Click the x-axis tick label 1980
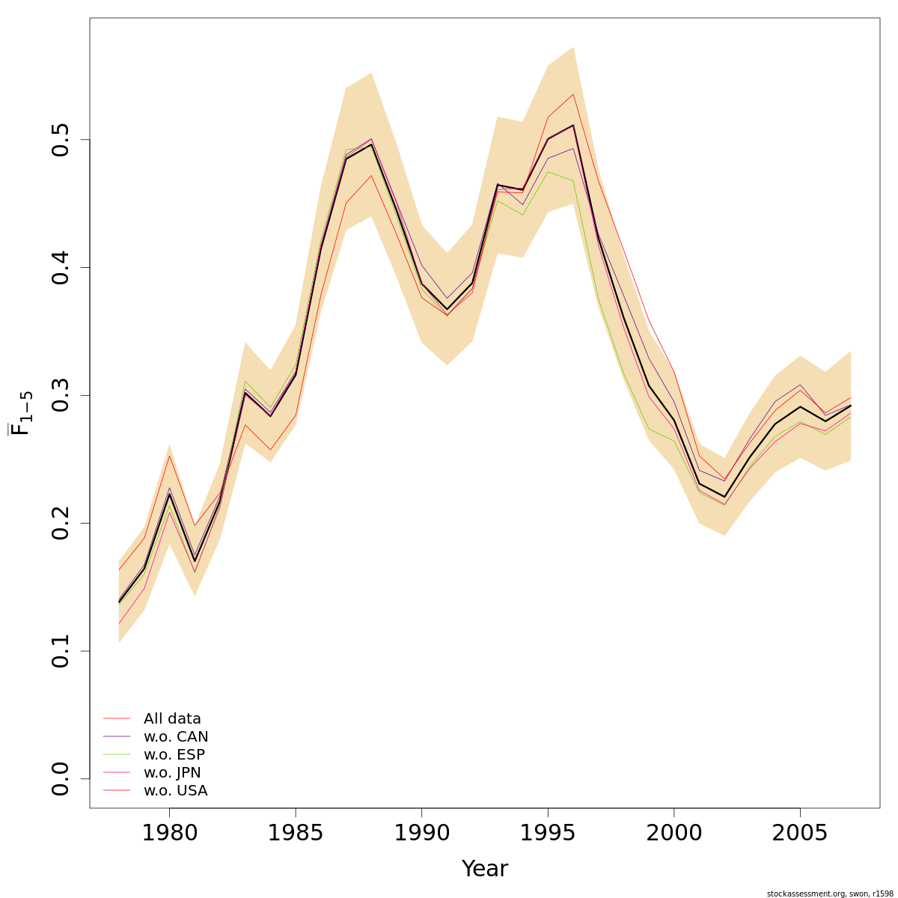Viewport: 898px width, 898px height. (169, 833)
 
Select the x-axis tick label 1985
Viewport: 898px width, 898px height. (296, 833)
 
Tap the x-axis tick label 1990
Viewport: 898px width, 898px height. (421, 833)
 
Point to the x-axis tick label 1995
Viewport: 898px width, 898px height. (548, 833)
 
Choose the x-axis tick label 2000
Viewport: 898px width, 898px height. (673, 833)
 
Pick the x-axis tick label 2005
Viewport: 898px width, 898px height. (800, 833)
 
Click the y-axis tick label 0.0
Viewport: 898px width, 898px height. (61, 778)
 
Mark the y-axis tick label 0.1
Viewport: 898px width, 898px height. (61, 651)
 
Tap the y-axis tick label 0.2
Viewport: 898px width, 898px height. (61, 523)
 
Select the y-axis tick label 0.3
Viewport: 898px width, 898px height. (61, 395)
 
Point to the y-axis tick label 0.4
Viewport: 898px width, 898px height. (61, 268)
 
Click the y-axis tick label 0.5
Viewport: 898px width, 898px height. (61, 140)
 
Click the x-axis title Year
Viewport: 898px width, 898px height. (485, 869)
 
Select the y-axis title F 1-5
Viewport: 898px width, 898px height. (22, 413)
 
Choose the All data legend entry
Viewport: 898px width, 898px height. (172, 719)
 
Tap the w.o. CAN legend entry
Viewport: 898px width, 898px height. (176, 737)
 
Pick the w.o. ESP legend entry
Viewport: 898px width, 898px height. (174, 755)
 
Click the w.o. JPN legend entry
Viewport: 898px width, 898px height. (172, 773)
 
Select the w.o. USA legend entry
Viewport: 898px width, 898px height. (175, 791)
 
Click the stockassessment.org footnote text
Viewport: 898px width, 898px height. (830, 894)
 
